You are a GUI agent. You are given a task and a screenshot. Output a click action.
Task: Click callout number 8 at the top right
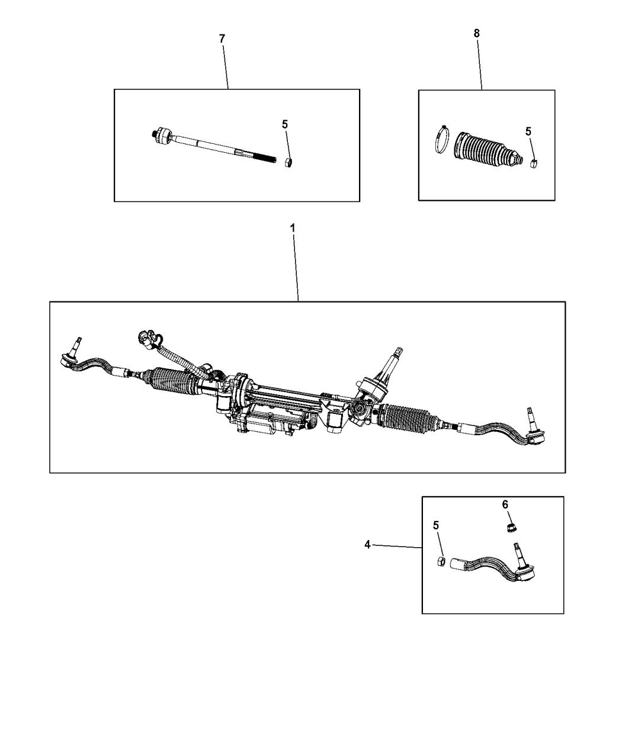[476, 33]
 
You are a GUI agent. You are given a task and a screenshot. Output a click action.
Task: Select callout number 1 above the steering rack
[292, 227]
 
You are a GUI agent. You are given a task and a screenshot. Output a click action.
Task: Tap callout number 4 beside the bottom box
[367, 544]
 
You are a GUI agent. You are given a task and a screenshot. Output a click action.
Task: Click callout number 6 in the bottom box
[505, 504]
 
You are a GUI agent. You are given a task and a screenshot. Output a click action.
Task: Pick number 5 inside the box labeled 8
[528, 131]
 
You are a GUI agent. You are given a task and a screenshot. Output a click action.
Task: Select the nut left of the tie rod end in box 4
[441, 561]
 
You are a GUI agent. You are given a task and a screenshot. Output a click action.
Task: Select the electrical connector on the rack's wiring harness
[145, 338]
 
